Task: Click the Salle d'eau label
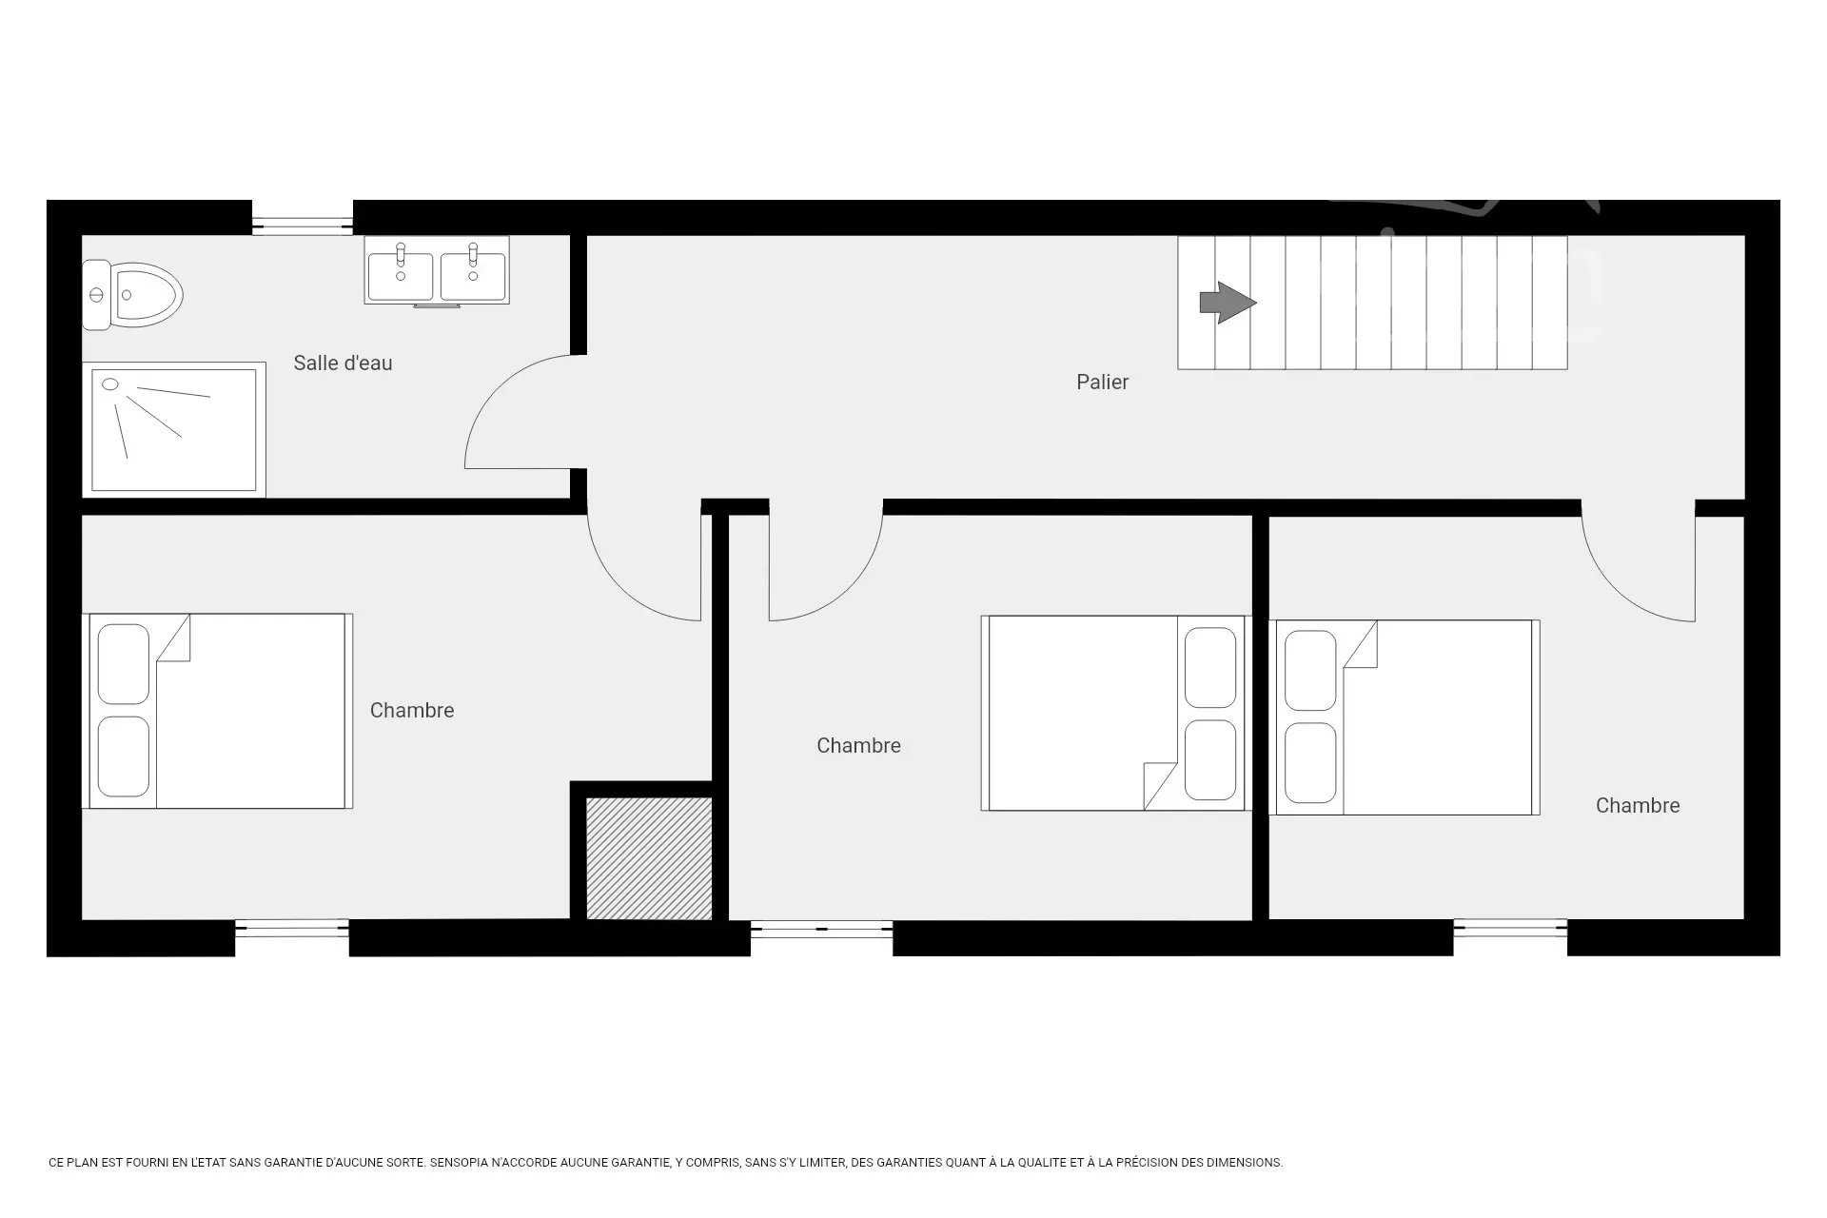(343, 363)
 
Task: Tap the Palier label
(1102, 382)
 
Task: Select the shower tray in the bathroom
(174, 430)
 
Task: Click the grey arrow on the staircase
(1228, 304)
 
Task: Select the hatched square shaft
(649, 858)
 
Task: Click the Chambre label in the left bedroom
(412, 710)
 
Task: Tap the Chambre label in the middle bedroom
(858, 745)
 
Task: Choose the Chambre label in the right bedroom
(1638, 805)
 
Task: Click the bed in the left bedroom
(218, 711)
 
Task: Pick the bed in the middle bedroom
(1113, 713)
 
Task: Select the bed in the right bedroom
(1405, 717)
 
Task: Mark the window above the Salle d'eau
(303, 225)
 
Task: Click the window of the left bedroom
(292, 929)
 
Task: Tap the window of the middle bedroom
(822, 929)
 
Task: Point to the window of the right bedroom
(1510, 929)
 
